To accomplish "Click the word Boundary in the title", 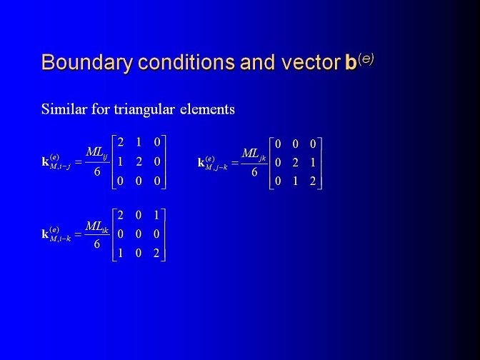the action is [87, 62].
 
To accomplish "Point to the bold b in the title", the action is [351, 62].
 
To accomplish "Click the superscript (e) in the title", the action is [366, 59].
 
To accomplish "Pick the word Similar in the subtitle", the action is [64, 109].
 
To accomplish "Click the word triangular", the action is [144, 109].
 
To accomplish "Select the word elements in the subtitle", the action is [207, 109].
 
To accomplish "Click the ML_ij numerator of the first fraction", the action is [96, 152].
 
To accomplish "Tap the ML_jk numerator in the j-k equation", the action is [254, 154].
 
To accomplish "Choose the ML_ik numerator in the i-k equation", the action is [96, 227].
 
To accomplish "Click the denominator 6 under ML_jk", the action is [254, 172].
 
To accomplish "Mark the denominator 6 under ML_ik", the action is [97, 244].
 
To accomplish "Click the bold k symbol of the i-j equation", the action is [45, 161].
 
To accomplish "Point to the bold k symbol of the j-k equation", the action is [201, 163].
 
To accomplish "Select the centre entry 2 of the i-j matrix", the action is [139, 161].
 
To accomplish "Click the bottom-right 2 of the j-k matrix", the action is [313, 181].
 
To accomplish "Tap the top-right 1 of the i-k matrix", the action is [156, 216].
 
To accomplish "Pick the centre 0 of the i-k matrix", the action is [139, 234].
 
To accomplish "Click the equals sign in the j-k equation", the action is [235, 163].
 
